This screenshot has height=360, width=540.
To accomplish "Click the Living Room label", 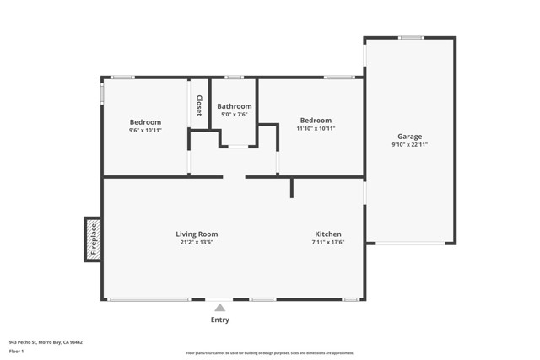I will click(x=197, y=234).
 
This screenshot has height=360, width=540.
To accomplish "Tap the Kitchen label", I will click(x=328, y=234).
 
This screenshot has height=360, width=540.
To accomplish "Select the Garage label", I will click(x=410, y=137).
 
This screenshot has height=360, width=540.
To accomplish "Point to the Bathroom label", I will click(x=234, y=106).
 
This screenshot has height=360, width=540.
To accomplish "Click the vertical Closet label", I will click(x=199, y=105).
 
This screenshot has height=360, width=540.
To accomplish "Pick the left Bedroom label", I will click(x=145, y=121).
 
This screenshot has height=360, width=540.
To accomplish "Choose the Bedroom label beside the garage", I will click(x=316, y=121).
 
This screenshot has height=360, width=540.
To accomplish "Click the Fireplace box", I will click(x=94, y=239).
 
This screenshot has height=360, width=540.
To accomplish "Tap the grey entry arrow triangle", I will click(x=219, y=308).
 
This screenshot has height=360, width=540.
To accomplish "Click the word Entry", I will click(x=219, y=320).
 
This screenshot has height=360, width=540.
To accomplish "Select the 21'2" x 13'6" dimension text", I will click(x=197, y=243).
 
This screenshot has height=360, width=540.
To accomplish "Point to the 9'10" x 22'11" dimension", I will click(x=410, y=145).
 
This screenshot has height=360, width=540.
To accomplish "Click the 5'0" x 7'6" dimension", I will click(x=234, y=115).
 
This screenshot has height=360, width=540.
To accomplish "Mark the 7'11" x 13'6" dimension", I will click(x=328, y=243).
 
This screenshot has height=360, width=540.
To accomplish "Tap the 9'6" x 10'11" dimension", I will click(x=145, y=130).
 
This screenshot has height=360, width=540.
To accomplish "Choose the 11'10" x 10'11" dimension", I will click(x=316, y=129).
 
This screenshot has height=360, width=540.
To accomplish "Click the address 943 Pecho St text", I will click(x=46, y=342).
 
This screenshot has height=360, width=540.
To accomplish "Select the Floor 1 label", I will click(x=16, y=351).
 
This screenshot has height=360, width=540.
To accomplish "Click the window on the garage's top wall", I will click(x=411, y=37).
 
